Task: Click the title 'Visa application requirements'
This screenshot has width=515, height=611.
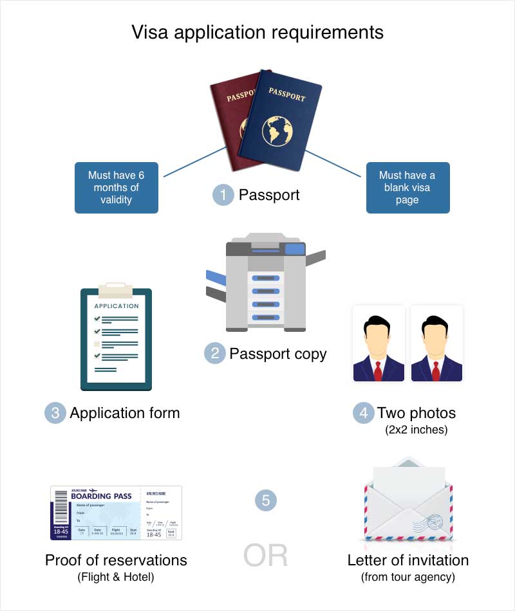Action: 257,32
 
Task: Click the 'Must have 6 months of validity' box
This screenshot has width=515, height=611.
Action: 117,187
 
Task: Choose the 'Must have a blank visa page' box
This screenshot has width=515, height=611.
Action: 407,187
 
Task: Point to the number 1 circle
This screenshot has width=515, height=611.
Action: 223,195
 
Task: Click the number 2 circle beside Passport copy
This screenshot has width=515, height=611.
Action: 214,353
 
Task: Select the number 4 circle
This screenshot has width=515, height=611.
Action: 363,413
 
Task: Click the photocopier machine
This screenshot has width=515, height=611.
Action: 266,283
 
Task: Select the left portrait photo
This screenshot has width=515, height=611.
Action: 379,344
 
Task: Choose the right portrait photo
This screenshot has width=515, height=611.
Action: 436,344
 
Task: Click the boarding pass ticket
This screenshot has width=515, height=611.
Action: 116,513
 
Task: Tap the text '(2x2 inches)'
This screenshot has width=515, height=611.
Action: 417,429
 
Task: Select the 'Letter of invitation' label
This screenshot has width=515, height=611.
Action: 407,560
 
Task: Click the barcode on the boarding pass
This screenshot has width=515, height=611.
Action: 61,507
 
